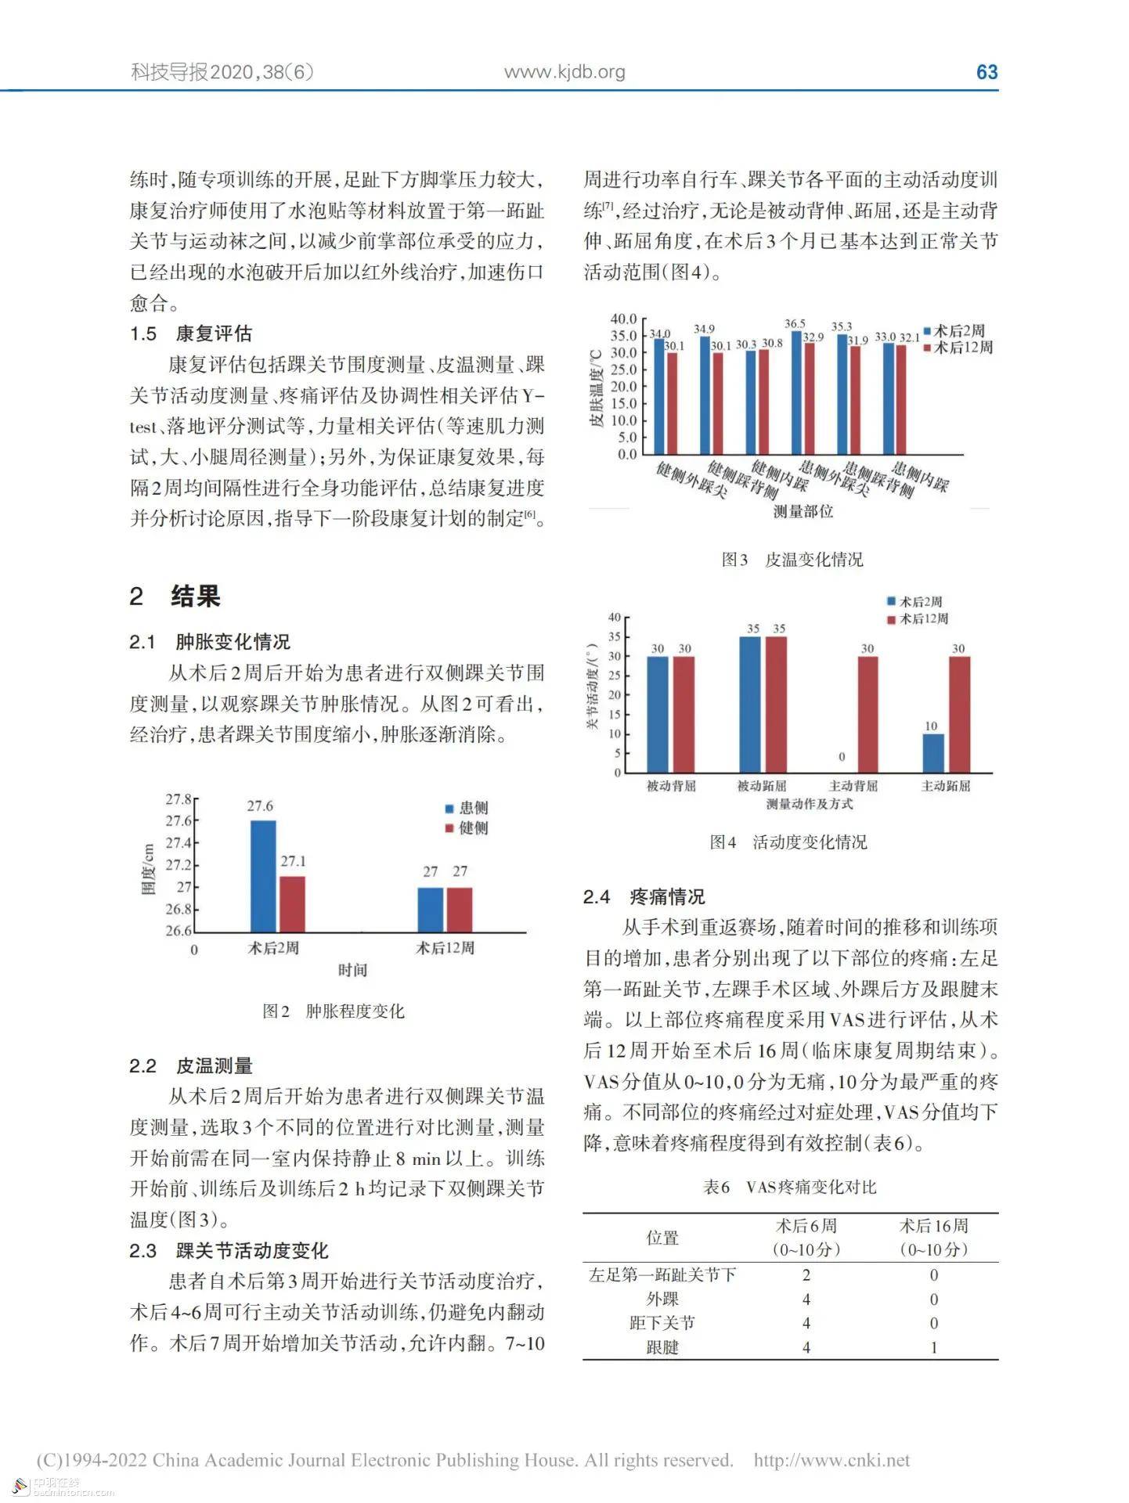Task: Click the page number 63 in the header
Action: (987, 72)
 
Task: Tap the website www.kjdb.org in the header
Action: (564, 72)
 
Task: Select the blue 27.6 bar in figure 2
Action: (262, 876)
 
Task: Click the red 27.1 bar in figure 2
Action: (292, 903)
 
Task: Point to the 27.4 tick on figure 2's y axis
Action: (179, 843)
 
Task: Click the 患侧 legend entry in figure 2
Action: (467, 808)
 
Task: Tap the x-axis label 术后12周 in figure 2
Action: (445, 948)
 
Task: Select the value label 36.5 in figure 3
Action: (795, 323)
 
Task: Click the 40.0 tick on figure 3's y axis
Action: (624, 319)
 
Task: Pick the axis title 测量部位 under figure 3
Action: (803, 511)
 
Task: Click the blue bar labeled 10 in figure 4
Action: (932, 752)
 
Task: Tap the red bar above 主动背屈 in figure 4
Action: (867, 714)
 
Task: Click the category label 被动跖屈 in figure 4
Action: (761, 786)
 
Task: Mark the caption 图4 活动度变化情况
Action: (788, 842)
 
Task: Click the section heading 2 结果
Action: (175, 597)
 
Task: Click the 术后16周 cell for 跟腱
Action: (933, 1347)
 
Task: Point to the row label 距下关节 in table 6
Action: (662, 1323)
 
